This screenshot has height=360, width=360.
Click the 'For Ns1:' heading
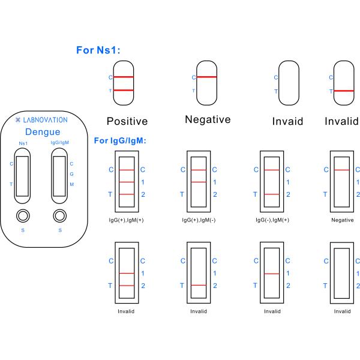coord(98,50)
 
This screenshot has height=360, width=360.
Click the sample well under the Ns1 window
coord(23,215)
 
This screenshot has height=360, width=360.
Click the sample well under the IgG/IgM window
coord(59,215)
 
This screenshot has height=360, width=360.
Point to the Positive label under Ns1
coord(127,121)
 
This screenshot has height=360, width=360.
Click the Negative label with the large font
coord(208,119)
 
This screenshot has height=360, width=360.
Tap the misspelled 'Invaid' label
coord(287,121)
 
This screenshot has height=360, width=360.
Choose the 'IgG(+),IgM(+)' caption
coord(127,220)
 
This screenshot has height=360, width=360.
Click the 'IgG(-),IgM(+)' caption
coord(272,220)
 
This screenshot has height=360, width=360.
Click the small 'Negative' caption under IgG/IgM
coord(342,220)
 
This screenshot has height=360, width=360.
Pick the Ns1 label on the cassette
coord(23,143)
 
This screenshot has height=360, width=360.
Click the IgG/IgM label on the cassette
coord(59,143)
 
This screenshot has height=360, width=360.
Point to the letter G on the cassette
coord(72,174)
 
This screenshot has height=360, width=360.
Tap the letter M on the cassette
coord(72,184)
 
